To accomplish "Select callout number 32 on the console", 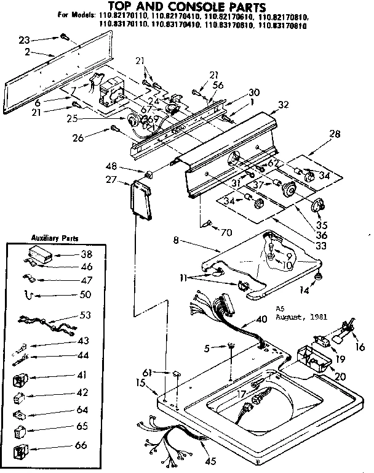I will click(283, 105).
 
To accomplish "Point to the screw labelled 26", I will click(115, 129).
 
